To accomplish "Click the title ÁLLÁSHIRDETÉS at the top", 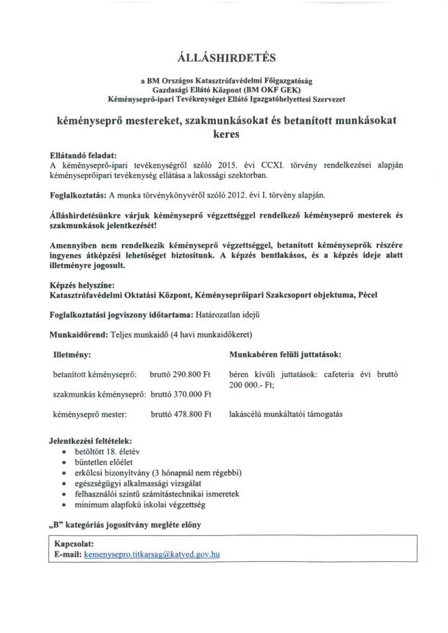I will (x=223, y=59).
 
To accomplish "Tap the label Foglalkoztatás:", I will (x=77, y=195).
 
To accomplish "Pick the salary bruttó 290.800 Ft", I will (x=181, y=375).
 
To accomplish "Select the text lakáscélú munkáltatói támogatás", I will (x=285, y=414).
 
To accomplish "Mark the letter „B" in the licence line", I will (x=55, y=525).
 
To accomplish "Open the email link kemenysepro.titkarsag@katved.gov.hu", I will (x=152, y=555).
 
